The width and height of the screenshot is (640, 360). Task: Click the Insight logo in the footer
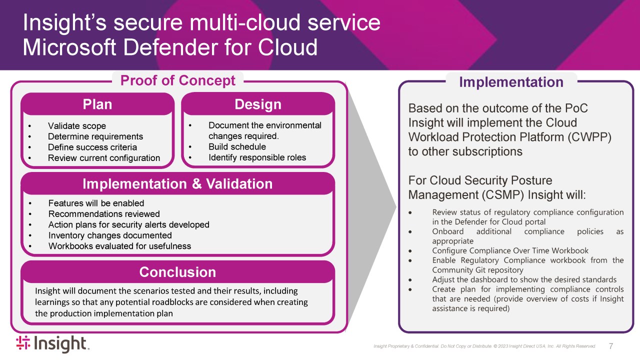[x=52, y=344]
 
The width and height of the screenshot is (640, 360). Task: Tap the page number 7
[x=611, y=346]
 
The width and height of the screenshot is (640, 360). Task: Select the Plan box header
[x=97, y=104]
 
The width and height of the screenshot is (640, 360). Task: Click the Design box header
[x=258, y=104]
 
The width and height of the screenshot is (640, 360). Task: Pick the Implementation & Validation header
[x=177, y=184]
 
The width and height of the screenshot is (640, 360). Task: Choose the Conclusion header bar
[x=177, y=272]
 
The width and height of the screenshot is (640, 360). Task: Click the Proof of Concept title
[x=178, y=80]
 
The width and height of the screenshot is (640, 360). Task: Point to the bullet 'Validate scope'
[x=77, y=126]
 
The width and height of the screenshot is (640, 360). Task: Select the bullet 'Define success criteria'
[x=92, y=147]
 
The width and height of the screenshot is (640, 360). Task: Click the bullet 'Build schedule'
[x=237, y=147]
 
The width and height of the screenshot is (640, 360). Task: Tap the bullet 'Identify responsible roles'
[x=257, y=157]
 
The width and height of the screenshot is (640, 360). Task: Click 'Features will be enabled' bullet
[x=96, y=203]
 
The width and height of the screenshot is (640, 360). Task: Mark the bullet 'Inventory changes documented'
[x=110, y=235]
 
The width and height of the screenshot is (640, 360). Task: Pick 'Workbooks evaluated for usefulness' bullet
[x=119, y=246]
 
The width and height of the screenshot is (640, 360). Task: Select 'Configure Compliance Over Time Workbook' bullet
[x=510, y=251]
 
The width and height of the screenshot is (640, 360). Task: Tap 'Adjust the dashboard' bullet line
[x=524, y=279]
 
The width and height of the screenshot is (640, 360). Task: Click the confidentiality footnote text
[x=484, y=346]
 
